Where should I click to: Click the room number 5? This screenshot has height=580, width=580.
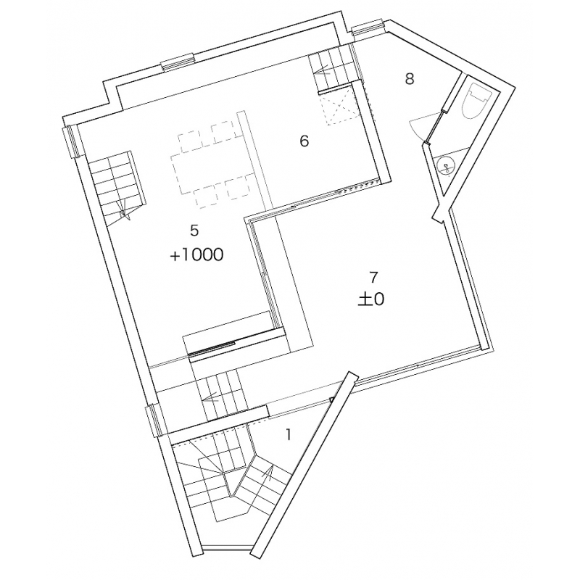tap(194, 231)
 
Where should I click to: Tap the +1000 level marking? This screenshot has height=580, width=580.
tap(196, 255)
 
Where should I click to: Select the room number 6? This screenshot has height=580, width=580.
tap(304, 141)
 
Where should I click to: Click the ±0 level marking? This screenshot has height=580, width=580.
tap(371, 299)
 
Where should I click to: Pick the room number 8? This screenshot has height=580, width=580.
tap(409, 79)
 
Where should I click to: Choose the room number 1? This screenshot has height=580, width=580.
tap(288, 435)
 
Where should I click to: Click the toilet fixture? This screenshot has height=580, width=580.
tap(478, 100)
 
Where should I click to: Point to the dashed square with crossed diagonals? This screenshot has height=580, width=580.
tap(339, 108)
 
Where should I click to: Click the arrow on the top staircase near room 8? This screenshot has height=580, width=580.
tap(323, 72)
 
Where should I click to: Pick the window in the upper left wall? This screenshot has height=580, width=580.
tap(72, 141)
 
